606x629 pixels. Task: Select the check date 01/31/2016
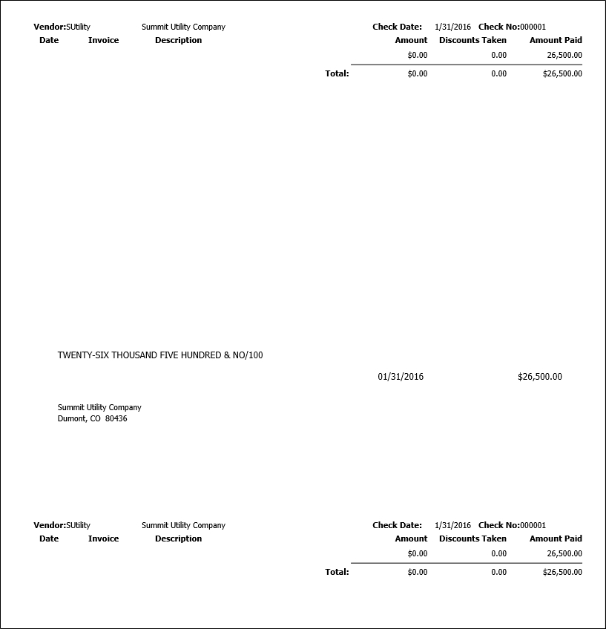(x=401, y=377)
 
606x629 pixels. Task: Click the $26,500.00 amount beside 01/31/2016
(x=539, y=377)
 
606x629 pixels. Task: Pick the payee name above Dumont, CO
(x=99, y=407)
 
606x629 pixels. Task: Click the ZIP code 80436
(x=116, y=418)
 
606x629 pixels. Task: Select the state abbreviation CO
(x=96, y=418)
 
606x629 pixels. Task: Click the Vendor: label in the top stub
(x=50, y=27)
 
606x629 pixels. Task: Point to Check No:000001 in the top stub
(x=512, y=27)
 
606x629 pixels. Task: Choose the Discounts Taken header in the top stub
(x=472, y=40)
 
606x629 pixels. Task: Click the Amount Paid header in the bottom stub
(x=556, y=539)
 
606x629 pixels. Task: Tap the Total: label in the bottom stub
(x=337, y=572)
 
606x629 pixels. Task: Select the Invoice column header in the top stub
(x=103, y=40)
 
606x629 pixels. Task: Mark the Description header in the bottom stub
(x=178, y=539)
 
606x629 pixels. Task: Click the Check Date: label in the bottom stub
(x=397, y=525)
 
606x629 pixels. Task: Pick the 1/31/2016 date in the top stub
(x=452, y=27)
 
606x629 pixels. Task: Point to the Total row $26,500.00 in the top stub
(x=562, y=73)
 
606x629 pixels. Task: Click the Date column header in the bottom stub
(x=49, y=539)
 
